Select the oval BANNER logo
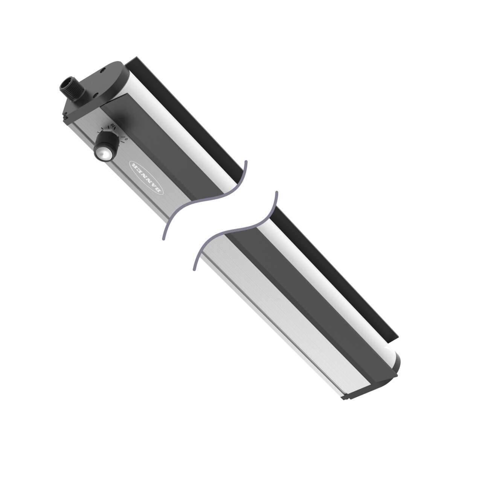click(146, 177)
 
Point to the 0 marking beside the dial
click(127, 139)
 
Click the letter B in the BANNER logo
click(160, 191)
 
